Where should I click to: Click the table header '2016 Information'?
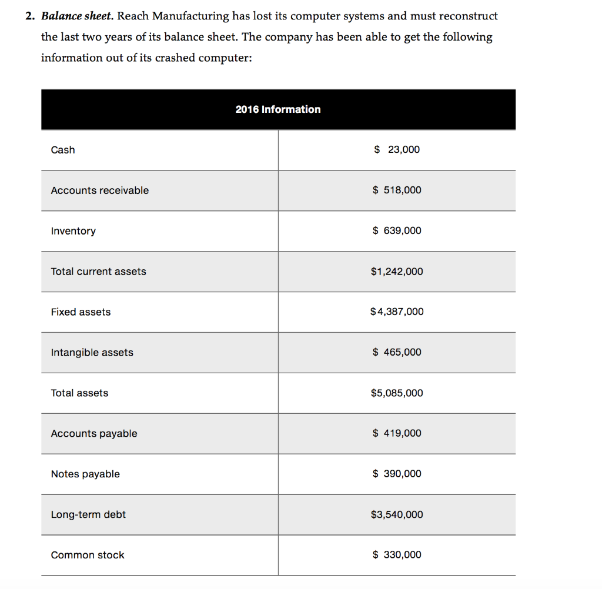pos(278,109)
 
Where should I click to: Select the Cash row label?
pos(63,150)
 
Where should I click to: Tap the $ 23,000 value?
pos(397,150)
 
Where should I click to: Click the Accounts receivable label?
pos(100,190)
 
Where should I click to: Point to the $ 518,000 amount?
pos(397,190)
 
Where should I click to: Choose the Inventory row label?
pos(73,231)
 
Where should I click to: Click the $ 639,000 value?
pos(397,231)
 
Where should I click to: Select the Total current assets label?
pos(98,272)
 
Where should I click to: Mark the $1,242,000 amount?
pos(397,272)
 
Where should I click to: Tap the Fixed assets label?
pos(81,312)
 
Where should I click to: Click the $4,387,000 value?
pos(397,312)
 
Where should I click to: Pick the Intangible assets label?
pos(92,353)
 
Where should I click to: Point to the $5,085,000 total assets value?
pos(397,393)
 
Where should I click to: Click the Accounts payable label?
pos(94,434)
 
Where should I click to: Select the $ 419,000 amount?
pos(397,434)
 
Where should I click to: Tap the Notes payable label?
pos(85,474)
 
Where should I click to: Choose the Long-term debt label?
pos(88,515)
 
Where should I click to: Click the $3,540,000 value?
pos(397,515)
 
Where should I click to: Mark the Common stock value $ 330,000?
pos(397,555)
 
